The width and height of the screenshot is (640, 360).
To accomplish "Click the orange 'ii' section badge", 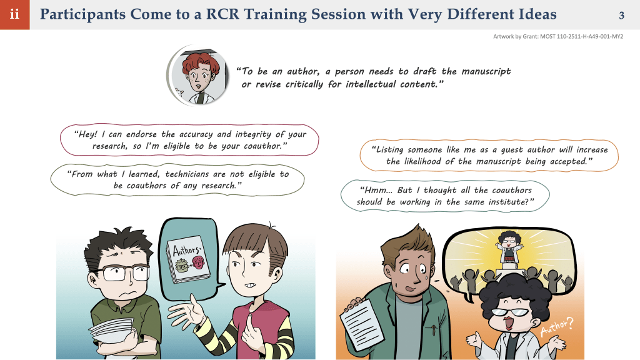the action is click(15, 15).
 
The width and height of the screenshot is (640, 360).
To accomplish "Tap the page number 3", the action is click(621, 16).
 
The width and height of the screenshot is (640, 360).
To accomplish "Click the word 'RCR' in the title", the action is click(222, 14).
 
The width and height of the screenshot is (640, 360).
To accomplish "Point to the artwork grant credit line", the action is click(558, 36).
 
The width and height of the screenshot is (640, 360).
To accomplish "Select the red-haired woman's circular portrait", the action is click(198, 76).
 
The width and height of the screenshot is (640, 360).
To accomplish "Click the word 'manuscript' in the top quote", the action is click(486, 71).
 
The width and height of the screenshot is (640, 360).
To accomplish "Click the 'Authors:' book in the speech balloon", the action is click(187, 259).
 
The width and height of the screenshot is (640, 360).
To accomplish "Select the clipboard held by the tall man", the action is click(362, 324).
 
